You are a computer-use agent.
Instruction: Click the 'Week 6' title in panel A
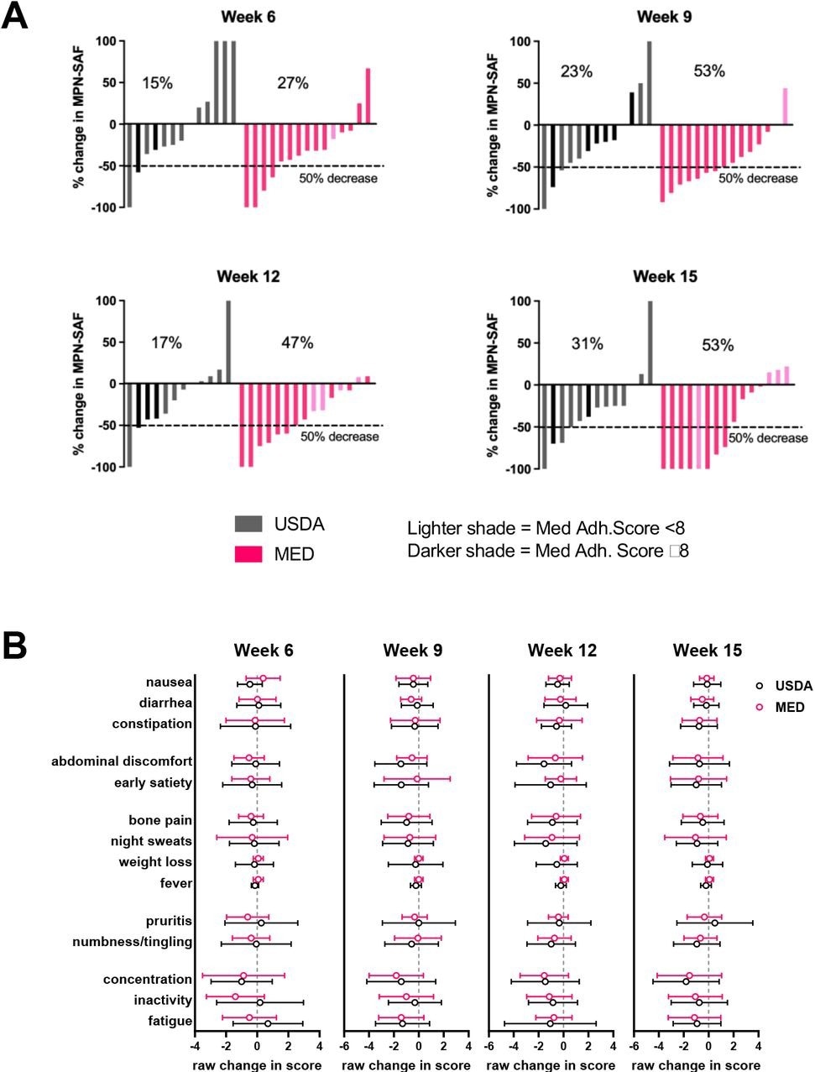[248, 17]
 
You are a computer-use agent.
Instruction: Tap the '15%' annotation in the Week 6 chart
[157, 83]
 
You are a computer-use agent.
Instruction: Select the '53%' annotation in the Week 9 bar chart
[708, 71]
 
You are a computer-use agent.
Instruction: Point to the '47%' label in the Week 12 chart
[296, 343]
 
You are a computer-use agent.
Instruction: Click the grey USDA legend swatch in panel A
[248, 525]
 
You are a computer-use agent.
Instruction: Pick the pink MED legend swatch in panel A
[248, 554]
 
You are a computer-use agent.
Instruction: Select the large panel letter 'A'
[15, 17]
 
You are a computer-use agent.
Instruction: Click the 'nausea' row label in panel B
[169, 682]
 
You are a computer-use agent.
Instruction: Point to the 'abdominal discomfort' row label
[122, 761]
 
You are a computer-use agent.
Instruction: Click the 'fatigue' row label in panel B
[171, 1021]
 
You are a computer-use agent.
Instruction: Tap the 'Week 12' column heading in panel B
[562, 651]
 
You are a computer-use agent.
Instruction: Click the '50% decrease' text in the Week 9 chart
[758, 178]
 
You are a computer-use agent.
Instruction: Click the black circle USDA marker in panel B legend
[760, 686]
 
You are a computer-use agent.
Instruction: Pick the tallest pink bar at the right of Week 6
[368, 97]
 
